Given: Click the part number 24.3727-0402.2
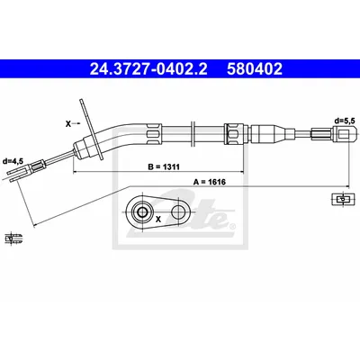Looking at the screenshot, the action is (148, 68).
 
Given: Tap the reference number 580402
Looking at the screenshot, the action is (255, 68).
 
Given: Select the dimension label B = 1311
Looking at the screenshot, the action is (164, 166).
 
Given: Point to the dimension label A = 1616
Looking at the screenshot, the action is (210, 182).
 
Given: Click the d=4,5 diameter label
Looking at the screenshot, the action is (13, 161).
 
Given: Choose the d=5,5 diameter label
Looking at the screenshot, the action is (345, 121).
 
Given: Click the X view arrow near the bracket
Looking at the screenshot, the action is (73, 123).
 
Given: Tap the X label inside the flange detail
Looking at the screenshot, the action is (158, 220).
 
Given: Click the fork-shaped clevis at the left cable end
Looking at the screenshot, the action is (19, 175).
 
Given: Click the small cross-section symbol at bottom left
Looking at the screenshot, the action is (13, 238).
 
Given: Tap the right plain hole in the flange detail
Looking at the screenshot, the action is (179, 212).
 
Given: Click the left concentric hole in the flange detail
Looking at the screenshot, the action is (141, 212).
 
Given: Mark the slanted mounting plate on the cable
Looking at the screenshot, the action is (91, 129).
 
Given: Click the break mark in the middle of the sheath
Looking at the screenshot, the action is (193, 132).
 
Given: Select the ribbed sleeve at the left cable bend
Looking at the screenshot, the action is (154, 133).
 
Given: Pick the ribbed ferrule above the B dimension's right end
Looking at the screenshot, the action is (233, 132).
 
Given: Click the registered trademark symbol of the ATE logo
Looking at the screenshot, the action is (232, 226).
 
